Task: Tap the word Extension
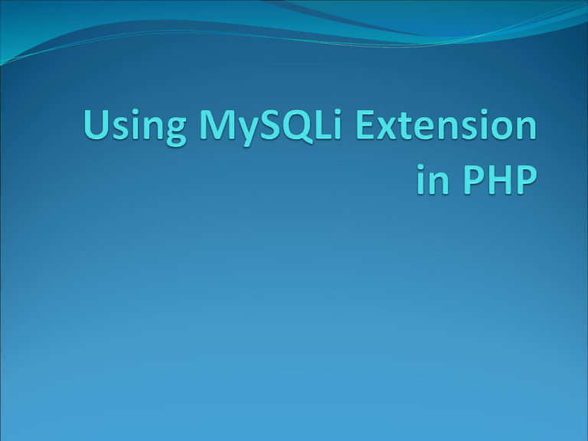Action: tap(446, 125)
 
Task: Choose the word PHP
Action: tap(500, 180)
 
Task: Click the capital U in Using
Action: tap(96, 125)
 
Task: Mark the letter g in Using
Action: tap(175, 132)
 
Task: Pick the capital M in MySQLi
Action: tap(217, 125)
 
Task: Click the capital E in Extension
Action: tap(365, 125)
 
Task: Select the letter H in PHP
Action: tap(500, 180)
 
